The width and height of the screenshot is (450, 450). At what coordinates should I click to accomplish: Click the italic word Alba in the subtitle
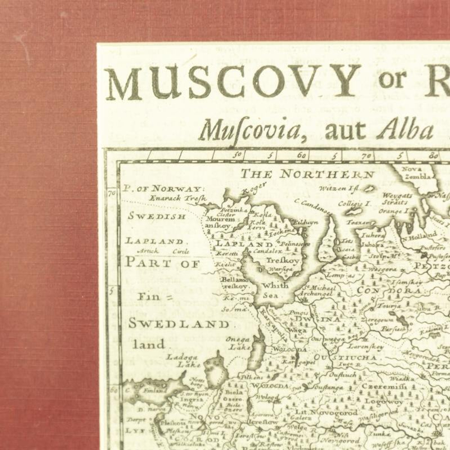(405, 129)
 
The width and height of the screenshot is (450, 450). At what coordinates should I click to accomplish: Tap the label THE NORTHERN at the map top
(307, 175)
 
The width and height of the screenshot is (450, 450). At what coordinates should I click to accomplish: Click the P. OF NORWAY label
(164, 189)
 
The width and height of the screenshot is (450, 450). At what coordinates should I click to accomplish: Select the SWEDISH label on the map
(157, 216)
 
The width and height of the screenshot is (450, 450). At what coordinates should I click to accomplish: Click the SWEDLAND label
(179, 324)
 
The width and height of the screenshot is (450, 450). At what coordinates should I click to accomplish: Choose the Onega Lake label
(238, 343)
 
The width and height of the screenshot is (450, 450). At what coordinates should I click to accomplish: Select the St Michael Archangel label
(317, 291)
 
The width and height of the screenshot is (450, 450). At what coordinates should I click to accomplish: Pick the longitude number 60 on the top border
(302, 156)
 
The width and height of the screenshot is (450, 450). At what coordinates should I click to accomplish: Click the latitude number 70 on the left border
(112, 193)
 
